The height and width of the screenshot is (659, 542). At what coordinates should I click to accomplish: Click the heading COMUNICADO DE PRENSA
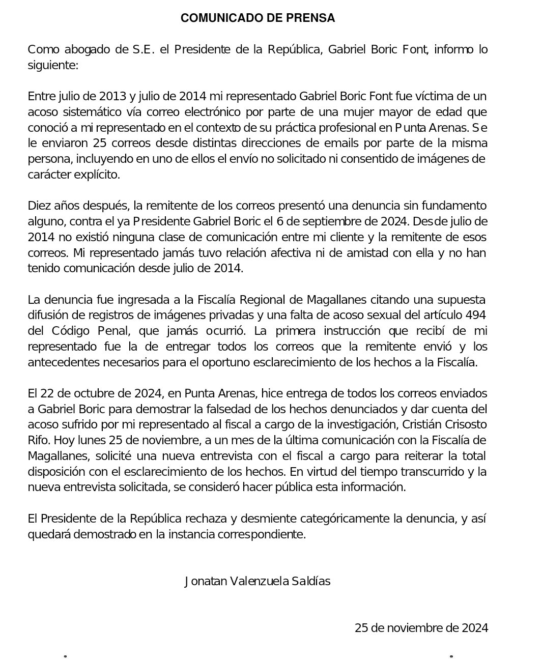click(x=258, y=18)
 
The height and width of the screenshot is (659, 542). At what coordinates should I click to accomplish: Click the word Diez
click(x=39, y=206)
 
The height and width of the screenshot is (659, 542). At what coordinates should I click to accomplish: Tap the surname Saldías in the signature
click(x=309, y=581)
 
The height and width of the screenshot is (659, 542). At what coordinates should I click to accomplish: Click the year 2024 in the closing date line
click(x=475, y=628)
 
